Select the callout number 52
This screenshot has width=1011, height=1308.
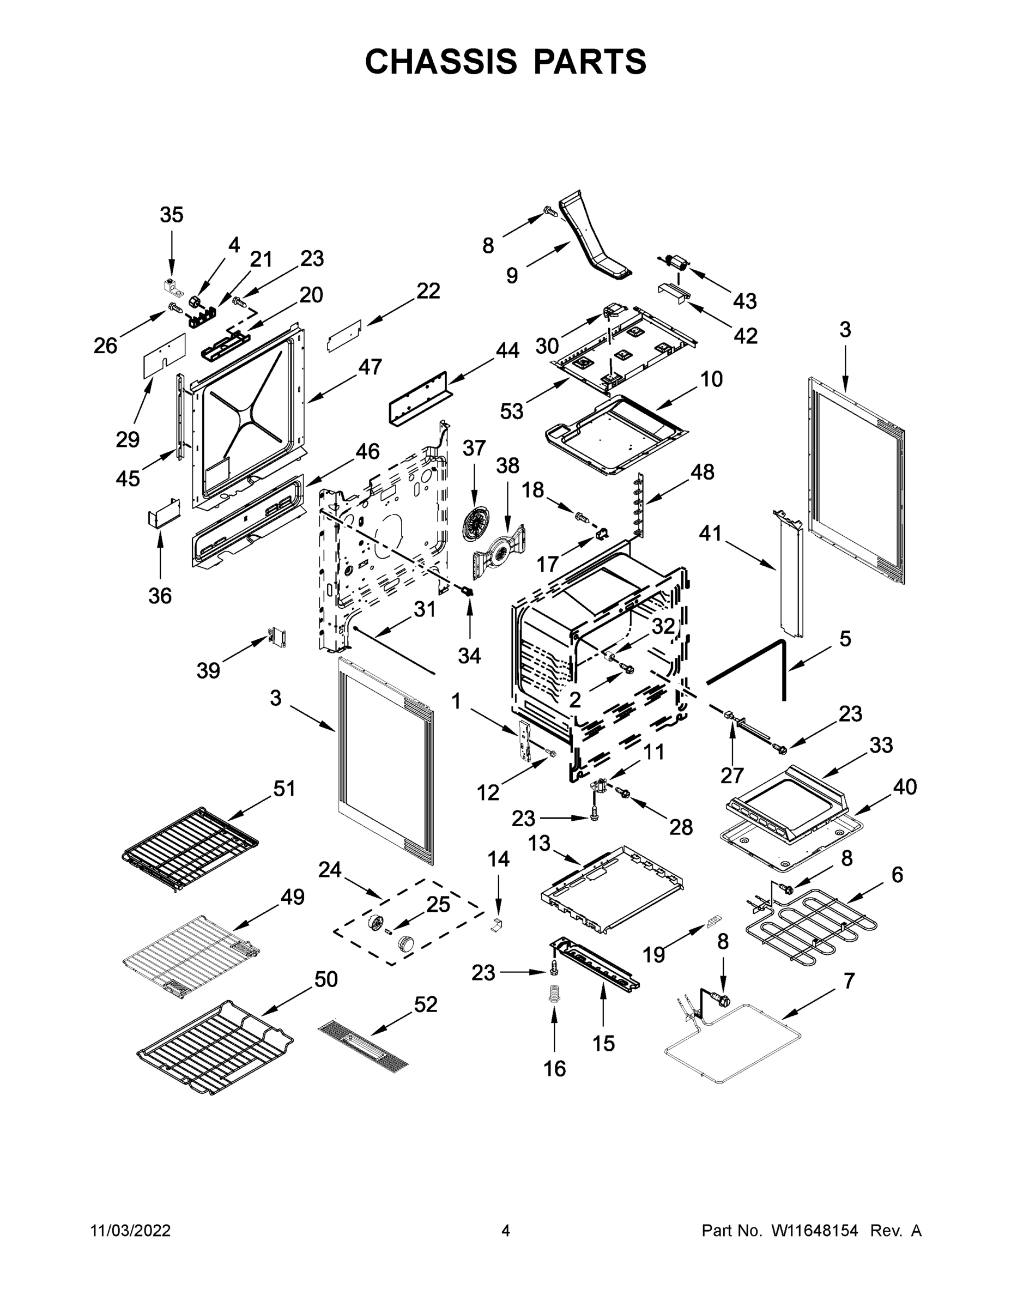tap(425, 1004)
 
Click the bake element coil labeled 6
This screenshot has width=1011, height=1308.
tap(810, 927)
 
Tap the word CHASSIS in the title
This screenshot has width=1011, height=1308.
tap(441, 61)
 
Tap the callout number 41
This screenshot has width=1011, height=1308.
tap(710, 533)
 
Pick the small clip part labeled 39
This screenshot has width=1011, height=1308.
tap(277, 637)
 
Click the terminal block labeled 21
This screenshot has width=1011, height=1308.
tap(202, 316)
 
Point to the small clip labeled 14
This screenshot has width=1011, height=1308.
tap(497, 924)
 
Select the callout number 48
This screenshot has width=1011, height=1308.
tap(702, 472)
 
